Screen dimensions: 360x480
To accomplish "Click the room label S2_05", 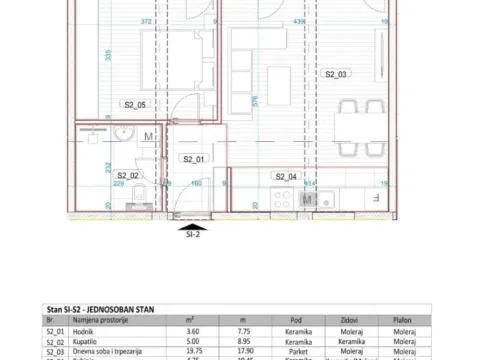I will click(x=135, y=104).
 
